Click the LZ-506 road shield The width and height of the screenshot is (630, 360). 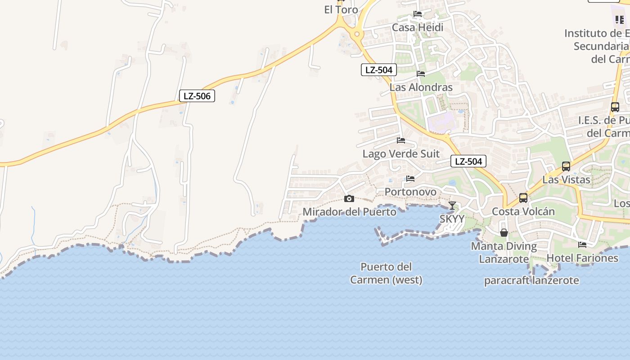(x=197, y=96)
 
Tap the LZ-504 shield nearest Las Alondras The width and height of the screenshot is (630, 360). (x=379, y=70)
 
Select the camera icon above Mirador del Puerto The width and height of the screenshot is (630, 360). (x=349, y=198)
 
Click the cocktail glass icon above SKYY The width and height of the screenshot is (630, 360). (x=452, y=206)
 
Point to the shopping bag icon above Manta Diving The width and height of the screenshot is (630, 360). (x=504, y=233)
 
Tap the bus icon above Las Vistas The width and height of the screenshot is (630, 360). (x=566, y=166)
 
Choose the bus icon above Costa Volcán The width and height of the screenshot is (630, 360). (x=523, y=198)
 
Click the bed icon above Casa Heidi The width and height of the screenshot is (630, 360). (x=418, y=14)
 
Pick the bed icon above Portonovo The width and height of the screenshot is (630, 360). (x=410, y=179)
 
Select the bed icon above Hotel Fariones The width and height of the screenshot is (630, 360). (x=582, y=245)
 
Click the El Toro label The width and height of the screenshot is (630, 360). (x=341, y=9)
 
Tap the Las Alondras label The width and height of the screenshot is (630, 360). (x=421, y=87)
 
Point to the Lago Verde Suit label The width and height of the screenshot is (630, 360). (x=401, y=154)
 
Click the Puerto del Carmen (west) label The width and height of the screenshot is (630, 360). (x=387, y=273)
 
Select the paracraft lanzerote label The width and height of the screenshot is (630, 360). (x=531, y=280)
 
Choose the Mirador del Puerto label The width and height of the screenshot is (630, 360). (x=350, y=211)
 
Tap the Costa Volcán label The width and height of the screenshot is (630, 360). (x=523, y=211)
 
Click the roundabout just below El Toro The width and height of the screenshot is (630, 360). (x=357, y=34)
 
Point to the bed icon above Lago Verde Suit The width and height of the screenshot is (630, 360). (x=401, y=140)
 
